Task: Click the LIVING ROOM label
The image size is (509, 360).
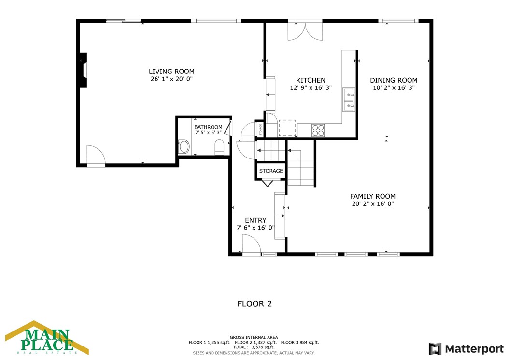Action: point(171,72)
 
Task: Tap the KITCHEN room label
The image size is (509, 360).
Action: point(311,80)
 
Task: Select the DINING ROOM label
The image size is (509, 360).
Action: point(394,80)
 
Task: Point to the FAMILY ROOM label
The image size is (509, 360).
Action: point(373,196)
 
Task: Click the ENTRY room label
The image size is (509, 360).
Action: point(255,220)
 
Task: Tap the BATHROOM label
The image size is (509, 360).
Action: point(209,127)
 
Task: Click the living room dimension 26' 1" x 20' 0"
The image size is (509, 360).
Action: point(171,79)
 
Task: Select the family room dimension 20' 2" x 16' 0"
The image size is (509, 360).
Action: point(373,204)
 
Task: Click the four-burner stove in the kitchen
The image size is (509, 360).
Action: point(318,130)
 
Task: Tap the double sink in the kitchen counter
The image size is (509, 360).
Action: point(349,100)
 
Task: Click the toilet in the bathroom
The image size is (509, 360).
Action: point(219,147)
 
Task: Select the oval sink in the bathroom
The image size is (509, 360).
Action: point(184,146)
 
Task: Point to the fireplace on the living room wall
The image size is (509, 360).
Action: point(84,70)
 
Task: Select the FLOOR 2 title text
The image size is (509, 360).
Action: point(254,304)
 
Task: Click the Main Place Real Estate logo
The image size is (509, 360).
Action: point(47,338)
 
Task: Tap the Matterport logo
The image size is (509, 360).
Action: point(466,349)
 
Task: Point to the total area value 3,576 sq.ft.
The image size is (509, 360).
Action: point(263,347)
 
